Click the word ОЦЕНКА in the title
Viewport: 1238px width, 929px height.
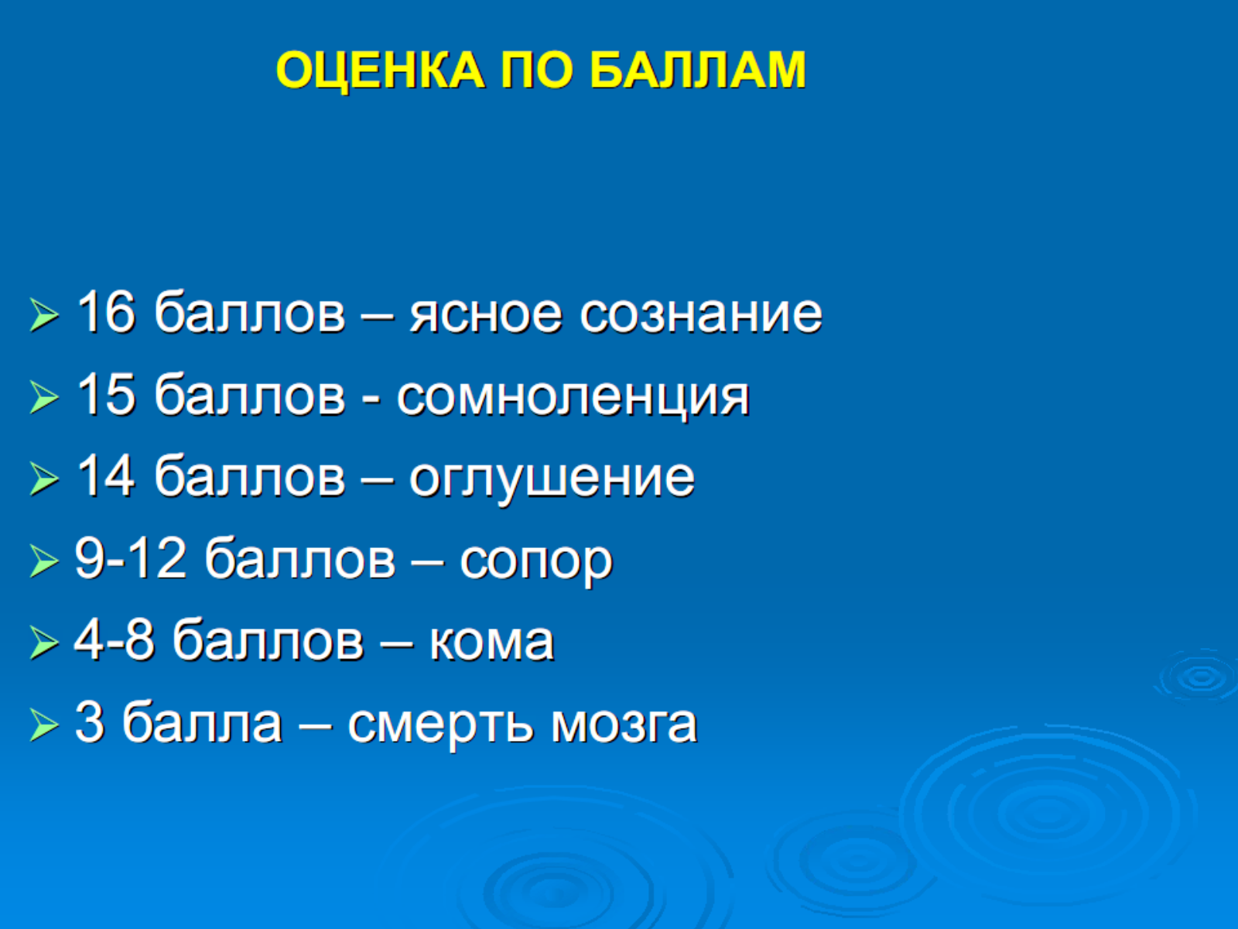(380, 70)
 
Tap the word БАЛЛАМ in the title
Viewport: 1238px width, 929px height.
(698, 70)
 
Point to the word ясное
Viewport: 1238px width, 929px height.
(486, 316)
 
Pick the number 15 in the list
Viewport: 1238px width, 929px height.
(106, 394)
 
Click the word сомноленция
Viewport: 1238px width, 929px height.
(573, 398)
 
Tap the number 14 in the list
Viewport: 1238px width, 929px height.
(106, 476)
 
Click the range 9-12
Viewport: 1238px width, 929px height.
(130, 558)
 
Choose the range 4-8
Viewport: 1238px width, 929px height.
(114, 639)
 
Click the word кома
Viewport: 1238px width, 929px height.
(492, 643)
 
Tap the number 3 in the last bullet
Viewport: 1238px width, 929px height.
(90, 722)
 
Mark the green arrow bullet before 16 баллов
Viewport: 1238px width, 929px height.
(44, 315)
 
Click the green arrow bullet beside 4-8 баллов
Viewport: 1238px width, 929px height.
(44, 643)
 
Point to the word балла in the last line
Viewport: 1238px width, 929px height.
(202, 722)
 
